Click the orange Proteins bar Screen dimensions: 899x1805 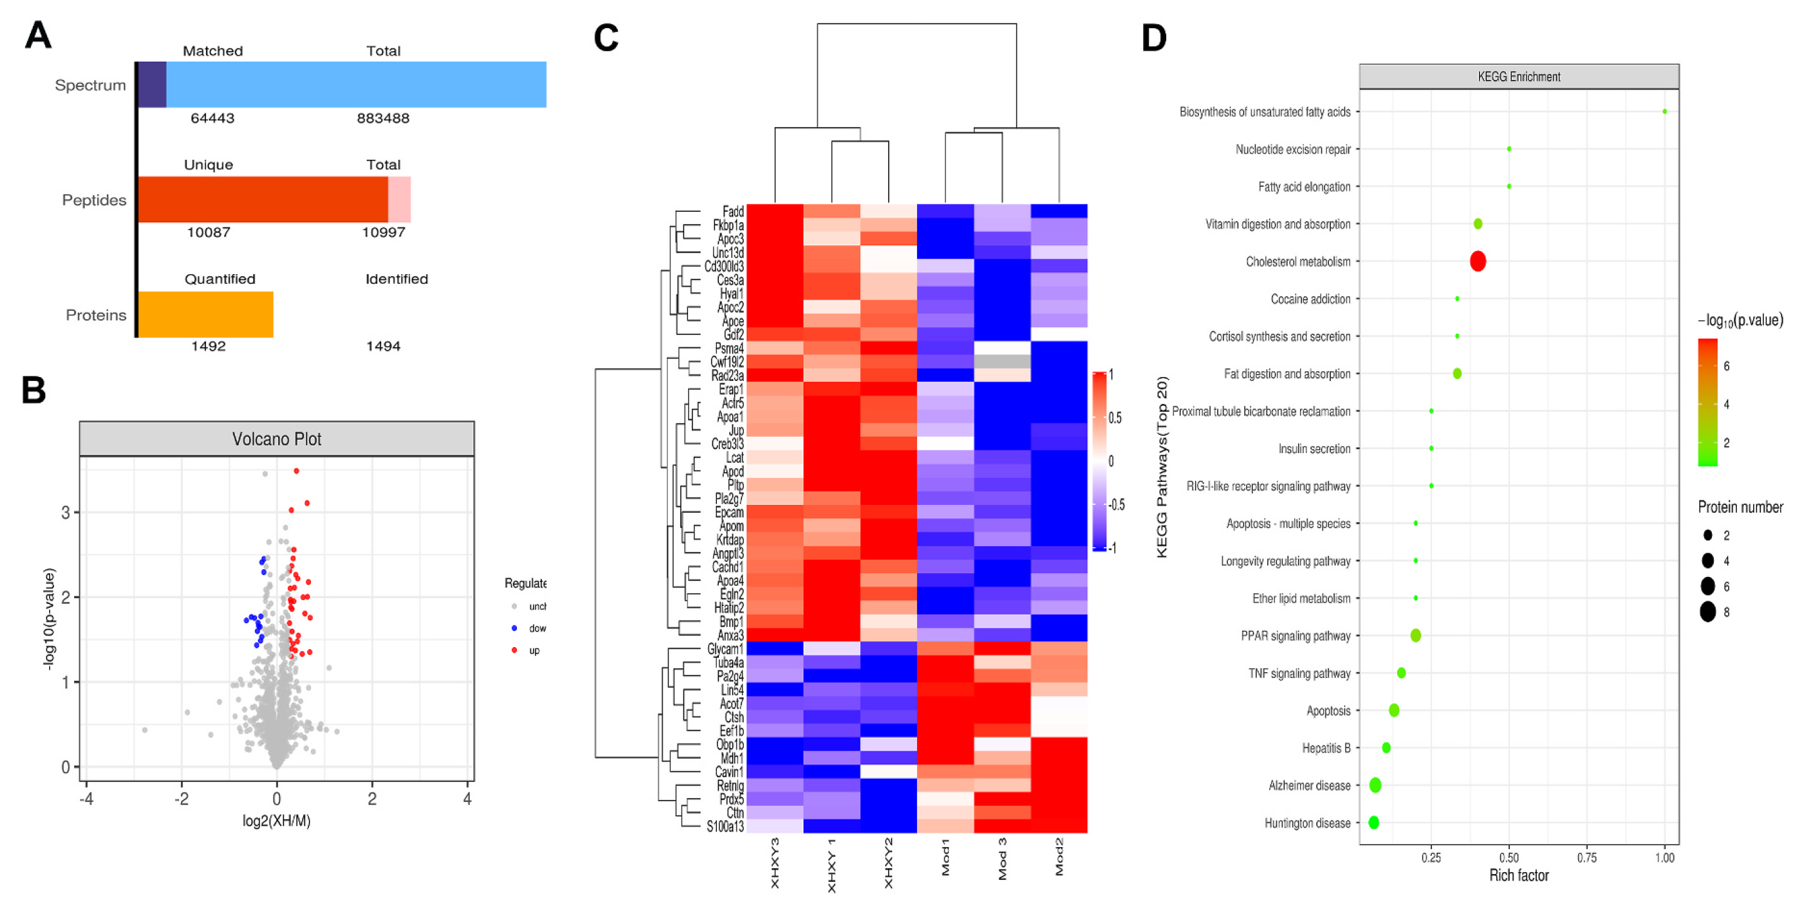coord(205,314)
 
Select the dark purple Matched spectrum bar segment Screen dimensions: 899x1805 coord(152,84)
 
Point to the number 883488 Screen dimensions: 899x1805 coord(382,119)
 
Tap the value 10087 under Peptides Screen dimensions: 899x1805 coord(208,233)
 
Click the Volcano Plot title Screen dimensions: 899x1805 coord(277,439)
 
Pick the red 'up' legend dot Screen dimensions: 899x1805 coord(514,650)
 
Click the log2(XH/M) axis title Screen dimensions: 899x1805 coord(276,820)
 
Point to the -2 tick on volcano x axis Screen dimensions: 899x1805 coord(181,799)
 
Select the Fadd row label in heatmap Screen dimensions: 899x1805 coord(733,212)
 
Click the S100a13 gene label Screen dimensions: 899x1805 coord(725,827)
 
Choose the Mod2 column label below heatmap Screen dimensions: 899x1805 coord(1059,856)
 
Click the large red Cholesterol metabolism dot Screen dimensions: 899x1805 coord(1478,262)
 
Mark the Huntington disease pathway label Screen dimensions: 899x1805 coord(1307,824)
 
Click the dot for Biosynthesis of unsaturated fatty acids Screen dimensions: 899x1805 coord(1665,111)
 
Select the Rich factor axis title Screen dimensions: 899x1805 coord(1518,875)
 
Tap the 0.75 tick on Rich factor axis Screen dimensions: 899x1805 coord(1587,858)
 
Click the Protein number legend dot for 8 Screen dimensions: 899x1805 coord(1708,612)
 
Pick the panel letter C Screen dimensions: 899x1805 coord(606,38)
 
